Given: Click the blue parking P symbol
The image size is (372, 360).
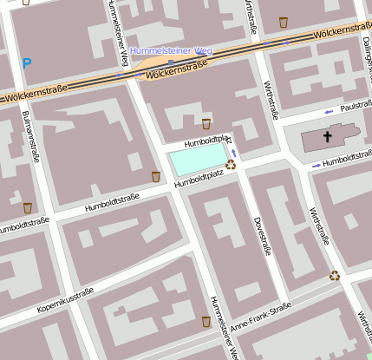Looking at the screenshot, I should [27, 63].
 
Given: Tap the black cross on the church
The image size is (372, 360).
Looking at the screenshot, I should [328, 137].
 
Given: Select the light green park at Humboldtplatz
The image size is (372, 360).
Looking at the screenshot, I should [197, 160].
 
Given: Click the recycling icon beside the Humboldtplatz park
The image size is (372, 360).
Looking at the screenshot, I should [231, 164].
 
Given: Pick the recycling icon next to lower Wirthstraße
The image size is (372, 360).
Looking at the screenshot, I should [335, 276].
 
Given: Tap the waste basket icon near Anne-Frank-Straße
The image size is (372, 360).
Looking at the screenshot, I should [206, 321].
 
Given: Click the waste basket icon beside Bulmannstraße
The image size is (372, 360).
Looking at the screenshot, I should [28, 208].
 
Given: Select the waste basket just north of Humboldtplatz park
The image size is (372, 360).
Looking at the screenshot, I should [206, 124].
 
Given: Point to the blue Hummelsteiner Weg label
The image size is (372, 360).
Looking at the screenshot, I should [171, 51].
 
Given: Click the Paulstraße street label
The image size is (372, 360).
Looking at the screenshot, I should [356, 107].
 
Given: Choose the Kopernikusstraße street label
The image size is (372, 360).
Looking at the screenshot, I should [64, 301].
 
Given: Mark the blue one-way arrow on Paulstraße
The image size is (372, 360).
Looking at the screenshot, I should [329, 111].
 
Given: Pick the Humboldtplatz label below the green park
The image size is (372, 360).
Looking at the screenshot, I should [199, 179].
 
